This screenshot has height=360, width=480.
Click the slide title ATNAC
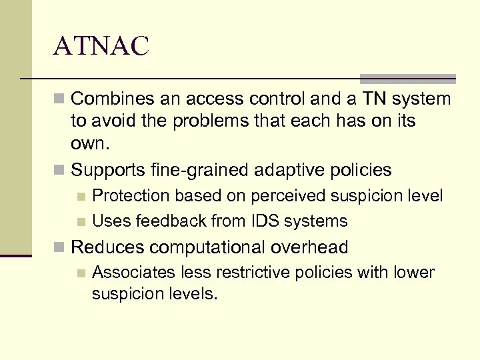coord(102,47)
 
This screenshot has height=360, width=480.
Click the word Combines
coord(111,99)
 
